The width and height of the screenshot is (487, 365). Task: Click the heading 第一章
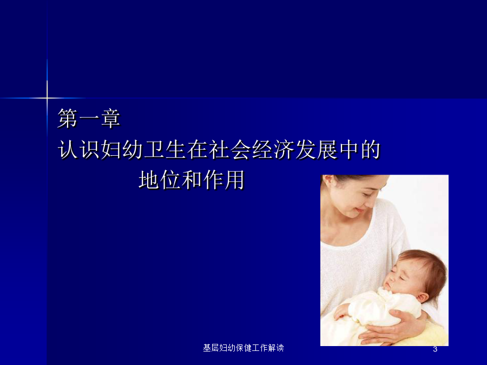[89, 118]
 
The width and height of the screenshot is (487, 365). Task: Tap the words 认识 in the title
[79, 150]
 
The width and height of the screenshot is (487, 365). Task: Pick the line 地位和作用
[192, 180]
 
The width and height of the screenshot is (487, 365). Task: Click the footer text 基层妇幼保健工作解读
[243, 348]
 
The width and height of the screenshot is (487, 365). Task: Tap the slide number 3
[435, 349]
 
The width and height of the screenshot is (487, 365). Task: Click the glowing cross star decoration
[47, 98]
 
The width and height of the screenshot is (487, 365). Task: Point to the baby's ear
[423, 297]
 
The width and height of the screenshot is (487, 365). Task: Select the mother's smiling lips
[360, 210]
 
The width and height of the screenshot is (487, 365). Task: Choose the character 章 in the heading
[110, 118]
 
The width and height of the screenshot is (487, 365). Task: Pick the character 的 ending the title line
[371, 150]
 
